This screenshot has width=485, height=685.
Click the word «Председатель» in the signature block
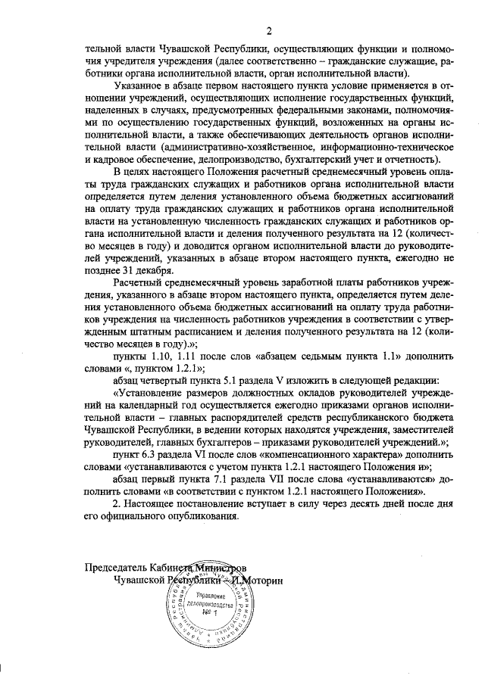coord(117,566)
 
